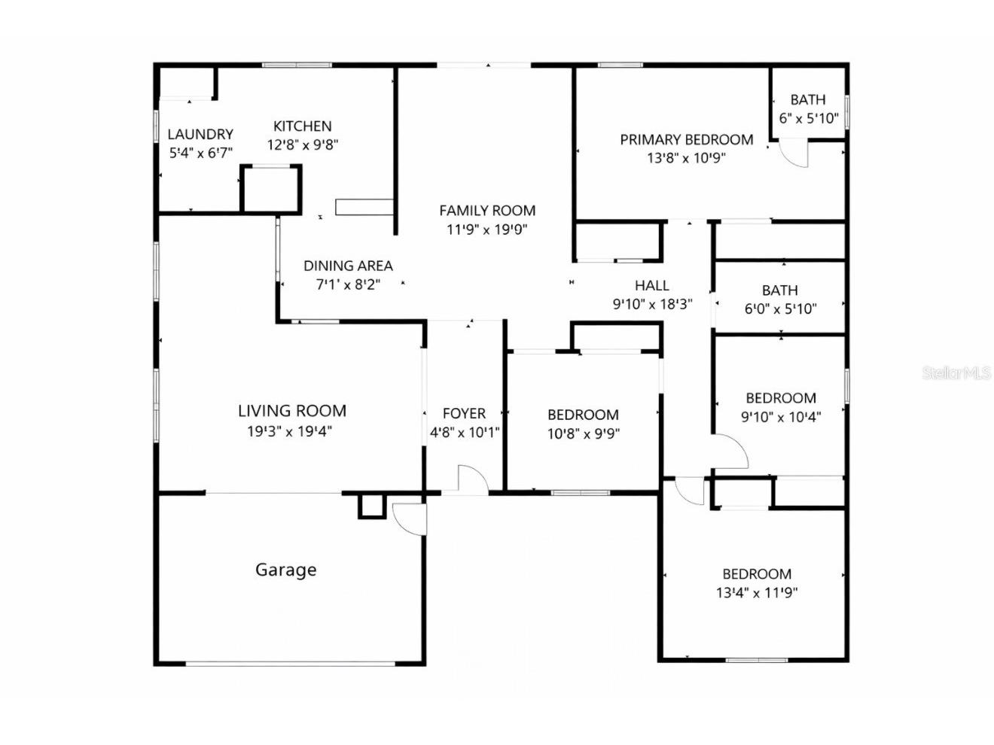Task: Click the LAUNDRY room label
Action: [x=200, y=134]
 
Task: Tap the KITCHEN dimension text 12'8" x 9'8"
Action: [x=302, y=144]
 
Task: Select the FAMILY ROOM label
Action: [x=487, y=211]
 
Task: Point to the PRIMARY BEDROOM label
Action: [x=686, y=139]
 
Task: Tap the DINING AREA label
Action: [x=348, y=266]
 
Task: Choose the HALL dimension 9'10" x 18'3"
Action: [x=651, y=304]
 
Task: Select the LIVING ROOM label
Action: [x=292, y=411]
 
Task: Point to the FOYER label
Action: [x=464, y=413]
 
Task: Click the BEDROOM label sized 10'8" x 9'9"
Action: [x=583, y=415]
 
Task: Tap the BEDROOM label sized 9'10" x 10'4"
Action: [x=781, y=398]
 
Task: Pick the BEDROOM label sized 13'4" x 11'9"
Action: [x=757, y=574]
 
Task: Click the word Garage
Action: [x=285, y=570]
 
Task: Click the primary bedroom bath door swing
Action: [x=794, y=154]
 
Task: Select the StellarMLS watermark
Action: [x=956, y=372]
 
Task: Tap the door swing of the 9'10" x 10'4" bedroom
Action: [x=731, y=451]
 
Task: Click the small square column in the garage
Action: [x=370, y=506]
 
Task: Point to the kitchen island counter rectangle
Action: [x=364, y=207]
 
